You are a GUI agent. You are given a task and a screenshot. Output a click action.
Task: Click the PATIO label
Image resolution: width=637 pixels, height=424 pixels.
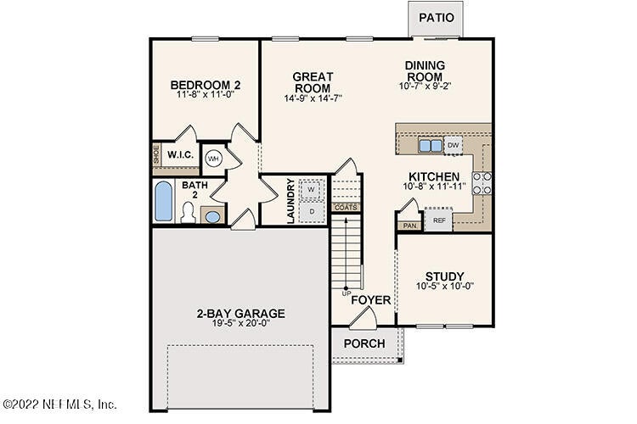coord(437,18)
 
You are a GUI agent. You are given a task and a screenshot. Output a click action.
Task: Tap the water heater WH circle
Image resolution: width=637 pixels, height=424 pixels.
coord(213,159)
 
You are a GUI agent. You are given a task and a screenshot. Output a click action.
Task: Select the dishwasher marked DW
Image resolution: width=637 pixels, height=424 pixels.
coord(453,145)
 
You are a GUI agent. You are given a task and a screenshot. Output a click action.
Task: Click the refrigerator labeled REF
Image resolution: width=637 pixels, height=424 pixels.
coord(439,220)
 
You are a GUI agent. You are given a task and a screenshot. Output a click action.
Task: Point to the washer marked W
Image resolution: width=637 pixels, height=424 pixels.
coord(312,189)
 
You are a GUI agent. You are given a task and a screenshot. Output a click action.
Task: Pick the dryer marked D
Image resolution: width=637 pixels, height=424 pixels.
coord(312,211)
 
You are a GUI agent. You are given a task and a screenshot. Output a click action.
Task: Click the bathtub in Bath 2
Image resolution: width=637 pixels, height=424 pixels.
coord(163,201)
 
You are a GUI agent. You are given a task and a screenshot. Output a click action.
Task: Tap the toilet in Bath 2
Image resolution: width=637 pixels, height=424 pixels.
coord(188,213)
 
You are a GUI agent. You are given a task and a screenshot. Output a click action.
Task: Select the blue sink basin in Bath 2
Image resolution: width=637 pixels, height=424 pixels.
coord(212,217)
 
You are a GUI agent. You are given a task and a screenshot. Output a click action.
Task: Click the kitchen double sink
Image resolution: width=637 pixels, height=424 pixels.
coord(431,145)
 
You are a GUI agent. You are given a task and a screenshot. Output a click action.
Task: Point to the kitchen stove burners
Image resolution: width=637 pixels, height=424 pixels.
coord(482,183)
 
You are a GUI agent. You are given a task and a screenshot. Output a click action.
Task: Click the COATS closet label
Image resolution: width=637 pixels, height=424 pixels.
coord(346,207)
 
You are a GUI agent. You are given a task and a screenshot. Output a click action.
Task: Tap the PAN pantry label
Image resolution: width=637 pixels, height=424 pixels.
coord(410,226)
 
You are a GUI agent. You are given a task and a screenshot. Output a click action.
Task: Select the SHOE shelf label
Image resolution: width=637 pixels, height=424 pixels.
coord(156,154)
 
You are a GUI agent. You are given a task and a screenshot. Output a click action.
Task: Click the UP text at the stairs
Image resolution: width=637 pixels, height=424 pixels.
coord(347,293)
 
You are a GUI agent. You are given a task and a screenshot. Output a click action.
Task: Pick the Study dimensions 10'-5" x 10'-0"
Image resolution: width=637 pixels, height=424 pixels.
coord(445,287)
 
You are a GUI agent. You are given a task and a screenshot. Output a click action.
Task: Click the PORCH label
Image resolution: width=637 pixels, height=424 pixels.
coord(364,343)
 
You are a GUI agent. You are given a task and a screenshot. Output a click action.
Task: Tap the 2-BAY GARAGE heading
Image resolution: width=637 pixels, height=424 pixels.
coord(241,313)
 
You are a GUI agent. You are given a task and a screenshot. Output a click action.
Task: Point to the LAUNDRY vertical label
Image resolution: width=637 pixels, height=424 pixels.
coord(290,201)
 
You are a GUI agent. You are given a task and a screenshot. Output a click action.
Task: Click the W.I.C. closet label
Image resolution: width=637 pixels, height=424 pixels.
coord(181,155)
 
